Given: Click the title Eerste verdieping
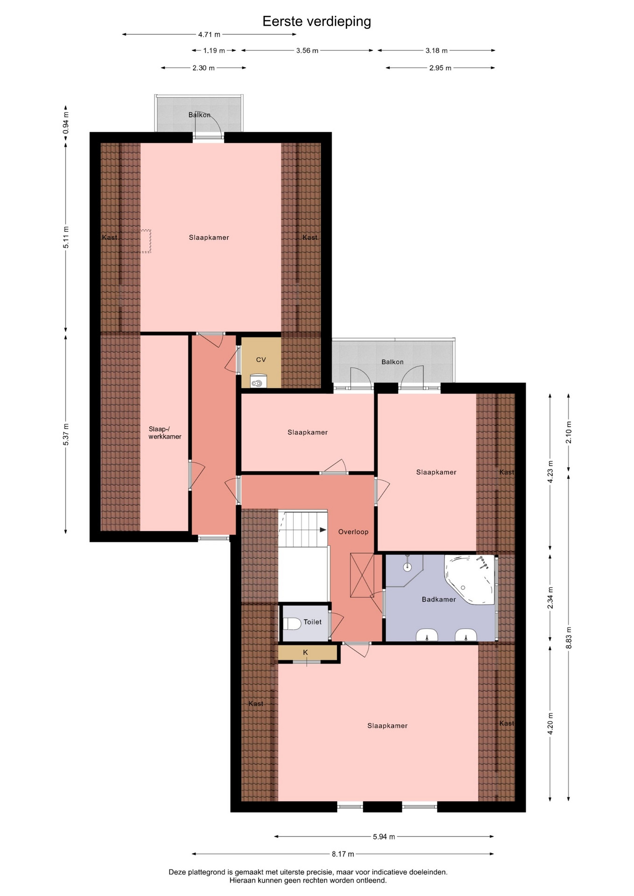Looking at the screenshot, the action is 317,21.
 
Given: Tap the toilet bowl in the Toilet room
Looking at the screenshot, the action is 292,623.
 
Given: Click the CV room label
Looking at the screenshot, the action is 261,360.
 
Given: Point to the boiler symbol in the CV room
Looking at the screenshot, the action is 258,382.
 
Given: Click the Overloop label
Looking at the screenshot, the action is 353,532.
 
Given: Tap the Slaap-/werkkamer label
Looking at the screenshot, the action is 165,433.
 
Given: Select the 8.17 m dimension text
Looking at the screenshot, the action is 343,854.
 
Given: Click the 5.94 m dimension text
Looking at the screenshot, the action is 384,837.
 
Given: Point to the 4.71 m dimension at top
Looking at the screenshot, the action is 209,35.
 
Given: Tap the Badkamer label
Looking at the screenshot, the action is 439,599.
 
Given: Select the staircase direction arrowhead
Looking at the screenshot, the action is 323,530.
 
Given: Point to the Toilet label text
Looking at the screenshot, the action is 312,622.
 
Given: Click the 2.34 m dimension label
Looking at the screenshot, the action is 550,598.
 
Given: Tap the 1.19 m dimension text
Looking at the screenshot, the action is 214,50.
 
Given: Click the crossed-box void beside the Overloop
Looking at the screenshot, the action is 362,575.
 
